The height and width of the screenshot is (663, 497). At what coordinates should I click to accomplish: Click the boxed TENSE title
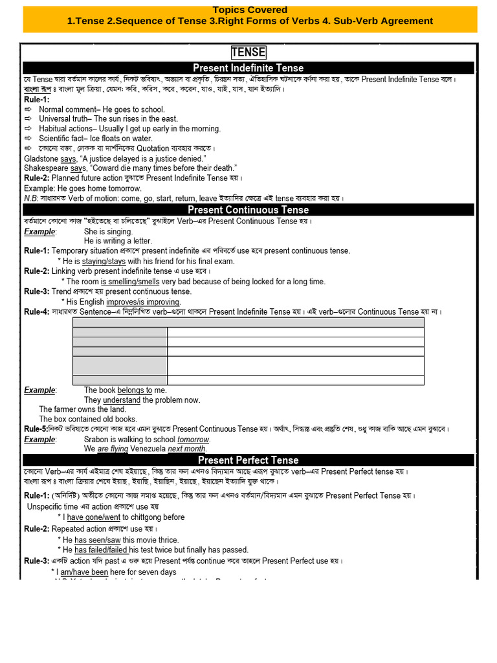click(248, 52)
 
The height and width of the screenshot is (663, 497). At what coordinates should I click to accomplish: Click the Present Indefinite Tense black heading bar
click(248, 68)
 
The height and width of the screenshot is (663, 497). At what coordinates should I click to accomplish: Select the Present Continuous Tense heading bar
click(248, 210)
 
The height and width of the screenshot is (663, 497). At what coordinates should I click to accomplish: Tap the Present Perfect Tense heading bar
click(248, 460)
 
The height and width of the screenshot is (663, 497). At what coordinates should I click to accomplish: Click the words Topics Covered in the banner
click(250, 10)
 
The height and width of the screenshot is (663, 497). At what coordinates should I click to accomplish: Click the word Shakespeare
click(46, 168)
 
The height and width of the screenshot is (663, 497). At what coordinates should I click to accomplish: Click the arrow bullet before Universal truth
click(28, 119)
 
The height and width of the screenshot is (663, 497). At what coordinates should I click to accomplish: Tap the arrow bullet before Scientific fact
click(28, 139)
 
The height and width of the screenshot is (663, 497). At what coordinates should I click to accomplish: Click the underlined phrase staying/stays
click(104, 262)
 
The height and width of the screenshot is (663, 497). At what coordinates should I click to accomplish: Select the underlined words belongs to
click(135, 390)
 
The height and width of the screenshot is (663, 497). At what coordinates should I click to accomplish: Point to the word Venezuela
click(148, 449)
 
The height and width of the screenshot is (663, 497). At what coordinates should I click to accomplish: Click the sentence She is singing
click(108, 232)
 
